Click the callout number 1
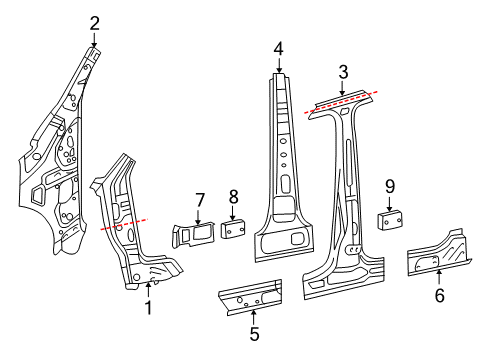(148, 307)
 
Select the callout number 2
(94, 24)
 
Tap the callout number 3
(343, 72)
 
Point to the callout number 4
(279, 49)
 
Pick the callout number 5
(254, 334)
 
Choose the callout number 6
(440, 295)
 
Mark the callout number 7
(199, 200)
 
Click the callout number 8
(234, 197)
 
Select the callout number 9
(390, 186)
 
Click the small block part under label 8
(233, 229)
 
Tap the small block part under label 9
(390, 220)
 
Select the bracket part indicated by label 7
(194, 235)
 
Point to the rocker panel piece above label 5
(250, 297)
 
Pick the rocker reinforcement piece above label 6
(439, 254)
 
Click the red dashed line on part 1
(124, 224)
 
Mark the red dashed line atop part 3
(341, 102)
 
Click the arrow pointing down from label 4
(279, 65)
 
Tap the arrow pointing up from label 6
(439, 277)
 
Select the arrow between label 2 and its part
(94, 40)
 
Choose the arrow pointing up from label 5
(254, 317)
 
